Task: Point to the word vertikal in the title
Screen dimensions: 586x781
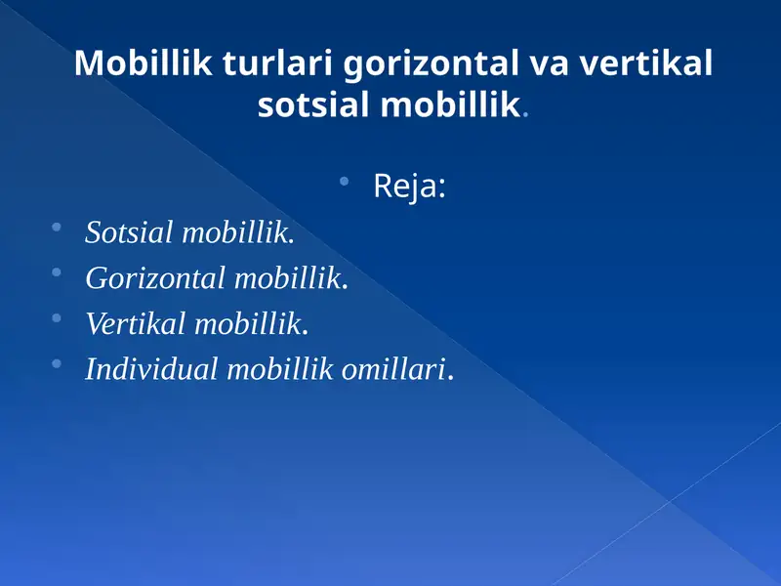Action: tap(646, 64)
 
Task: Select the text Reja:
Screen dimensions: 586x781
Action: tap(409, 187)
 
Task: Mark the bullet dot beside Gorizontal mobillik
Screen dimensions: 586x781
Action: tap(57, 273)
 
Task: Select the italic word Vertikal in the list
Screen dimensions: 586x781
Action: tap(137, 324)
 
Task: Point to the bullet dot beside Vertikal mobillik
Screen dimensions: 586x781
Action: tap(57, 318)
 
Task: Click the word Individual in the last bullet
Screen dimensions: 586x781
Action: tap(152, 370)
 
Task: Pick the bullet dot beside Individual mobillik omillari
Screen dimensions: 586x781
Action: tap(57, 364)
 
